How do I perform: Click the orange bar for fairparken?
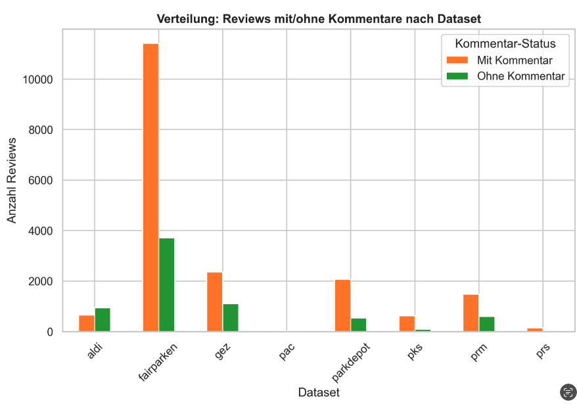[150, 187]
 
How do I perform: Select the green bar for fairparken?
[167, 284]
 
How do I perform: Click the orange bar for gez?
[215, 302]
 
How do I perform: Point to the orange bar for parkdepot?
[342, 305]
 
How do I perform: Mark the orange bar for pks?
[407, 324]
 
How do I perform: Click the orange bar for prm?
[471, 313]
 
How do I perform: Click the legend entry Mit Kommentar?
[515, 60]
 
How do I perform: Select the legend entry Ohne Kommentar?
[521, 76]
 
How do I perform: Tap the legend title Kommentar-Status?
[505, 44]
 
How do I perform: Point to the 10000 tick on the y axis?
[39, 79]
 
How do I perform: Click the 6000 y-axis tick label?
[42, 181]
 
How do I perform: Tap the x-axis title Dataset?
[319, 393]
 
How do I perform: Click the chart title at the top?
[319, 19]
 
